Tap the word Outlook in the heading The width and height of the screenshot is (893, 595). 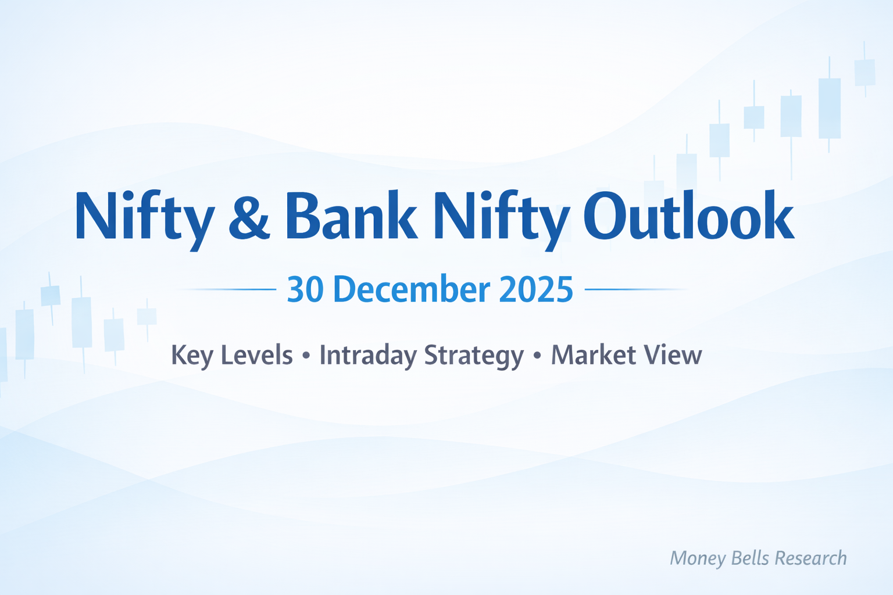click(688, 215)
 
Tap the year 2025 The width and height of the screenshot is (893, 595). click(536, 289)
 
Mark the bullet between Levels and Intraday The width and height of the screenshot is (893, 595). click(306, 356)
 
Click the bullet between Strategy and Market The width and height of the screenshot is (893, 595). click(537, 356)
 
